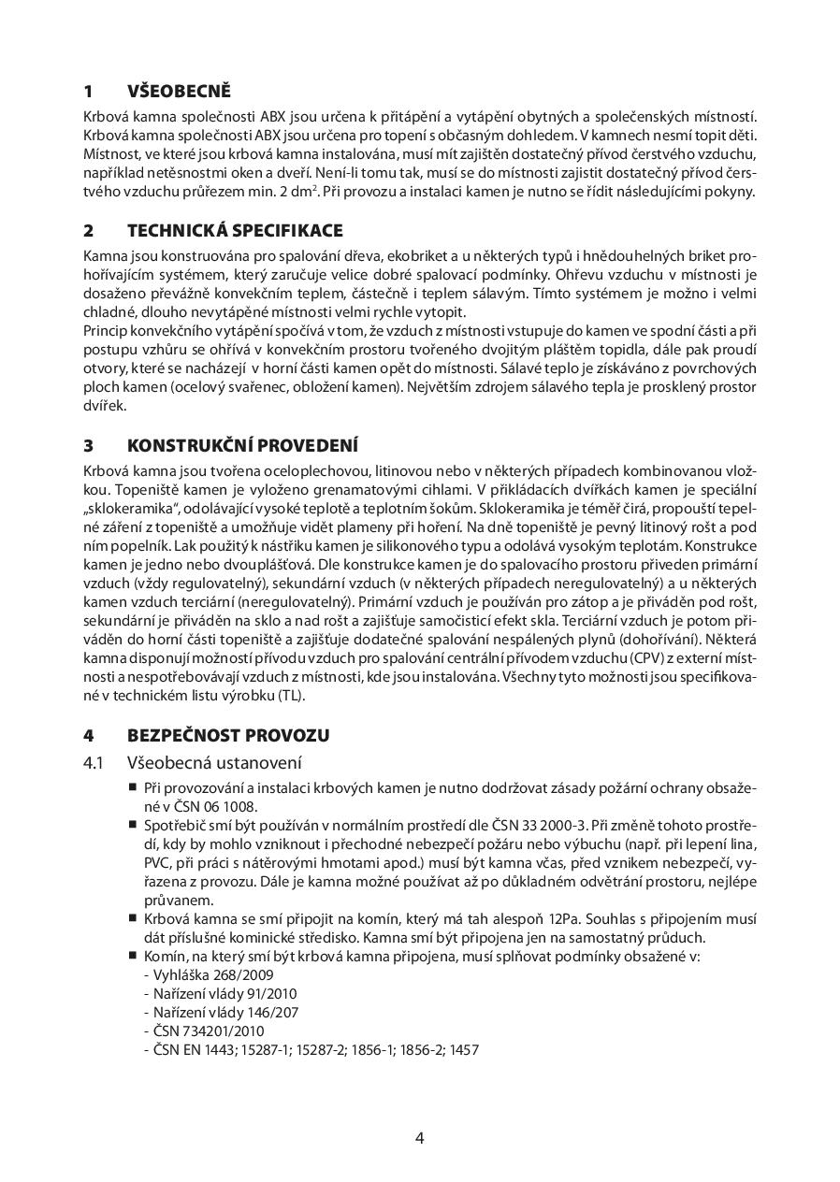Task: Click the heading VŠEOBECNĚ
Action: pyautogui.click(x=179, y=92)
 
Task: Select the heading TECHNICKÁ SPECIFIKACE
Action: pyautogui.click(x=235, y=231)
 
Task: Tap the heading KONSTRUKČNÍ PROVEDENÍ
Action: pyautogui.click(x=242, y=445)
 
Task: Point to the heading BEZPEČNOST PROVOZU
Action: pyautogui.click(x=228, y=736)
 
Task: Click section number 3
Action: pyautogui.click(x=88, y=445)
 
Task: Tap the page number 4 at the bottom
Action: pyautogui.click(x=420, y=1138)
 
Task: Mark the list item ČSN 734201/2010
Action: pyautogui.click(x=198, y=1031)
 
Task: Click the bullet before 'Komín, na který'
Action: pyautogui.click(x=133, y=955)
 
